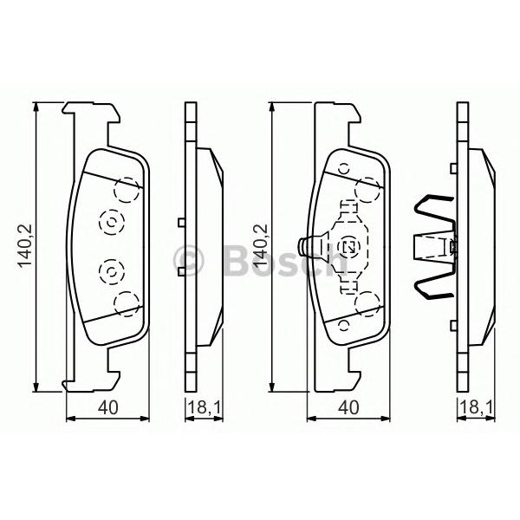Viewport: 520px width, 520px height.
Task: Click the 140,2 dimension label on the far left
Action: point(24,245)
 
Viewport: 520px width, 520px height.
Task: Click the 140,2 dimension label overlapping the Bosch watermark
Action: point(261,245)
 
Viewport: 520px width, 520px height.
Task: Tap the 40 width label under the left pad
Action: point(107,407)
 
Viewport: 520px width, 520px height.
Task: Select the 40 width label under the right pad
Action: point(348,407)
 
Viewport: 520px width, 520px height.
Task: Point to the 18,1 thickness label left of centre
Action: point(205,407)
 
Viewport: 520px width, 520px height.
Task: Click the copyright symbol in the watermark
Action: point(189,260)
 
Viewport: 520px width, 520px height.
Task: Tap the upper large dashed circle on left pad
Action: point(127,190)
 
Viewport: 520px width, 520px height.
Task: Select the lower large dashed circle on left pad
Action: point(127,304)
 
